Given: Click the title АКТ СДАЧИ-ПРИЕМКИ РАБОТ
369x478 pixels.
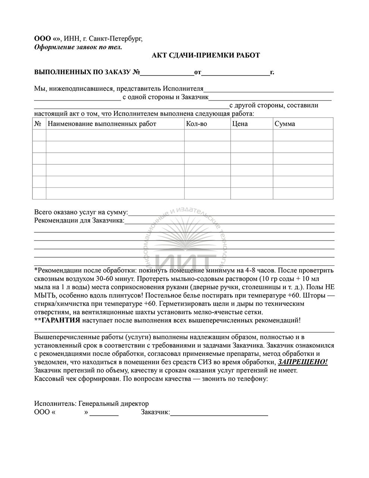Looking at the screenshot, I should pyautogui.click(x=206, y=56).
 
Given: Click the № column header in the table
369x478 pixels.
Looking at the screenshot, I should pyautogui.click(x=38, y=124).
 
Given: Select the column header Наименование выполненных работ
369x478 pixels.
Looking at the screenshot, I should pyautogui.click(x=103, y=124).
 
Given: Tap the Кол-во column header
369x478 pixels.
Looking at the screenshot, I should pyautogui.click(x=196, y=124).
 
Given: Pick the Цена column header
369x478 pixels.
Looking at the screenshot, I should pyautogui.click(x=240, y=124).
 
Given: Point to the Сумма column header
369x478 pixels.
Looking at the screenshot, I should pyautogui.click(x=285, y=124).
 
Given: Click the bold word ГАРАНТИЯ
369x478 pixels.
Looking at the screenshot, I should pyautogui.click(x=60, y=320).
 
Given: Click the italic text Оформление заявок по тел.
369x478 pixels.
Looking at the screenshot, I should pyautogui.click(x=78, y=47).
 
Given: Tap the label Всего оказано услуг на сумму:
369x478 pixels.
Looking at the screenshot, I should pyautogui.click(x=81, y=212).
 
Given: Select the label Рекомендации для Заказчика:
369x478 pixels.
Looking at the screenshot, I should pyautogui.click(x=79, y=221).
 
